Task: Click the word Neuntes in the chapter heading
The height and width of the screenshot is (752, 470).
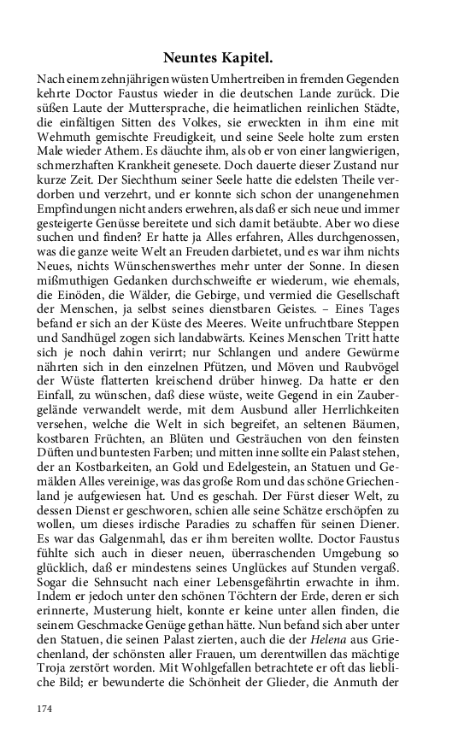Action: click(x=191, y=59)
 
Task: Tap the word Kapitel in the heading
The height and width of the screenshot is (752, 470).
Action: click(x=247, y=59)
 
